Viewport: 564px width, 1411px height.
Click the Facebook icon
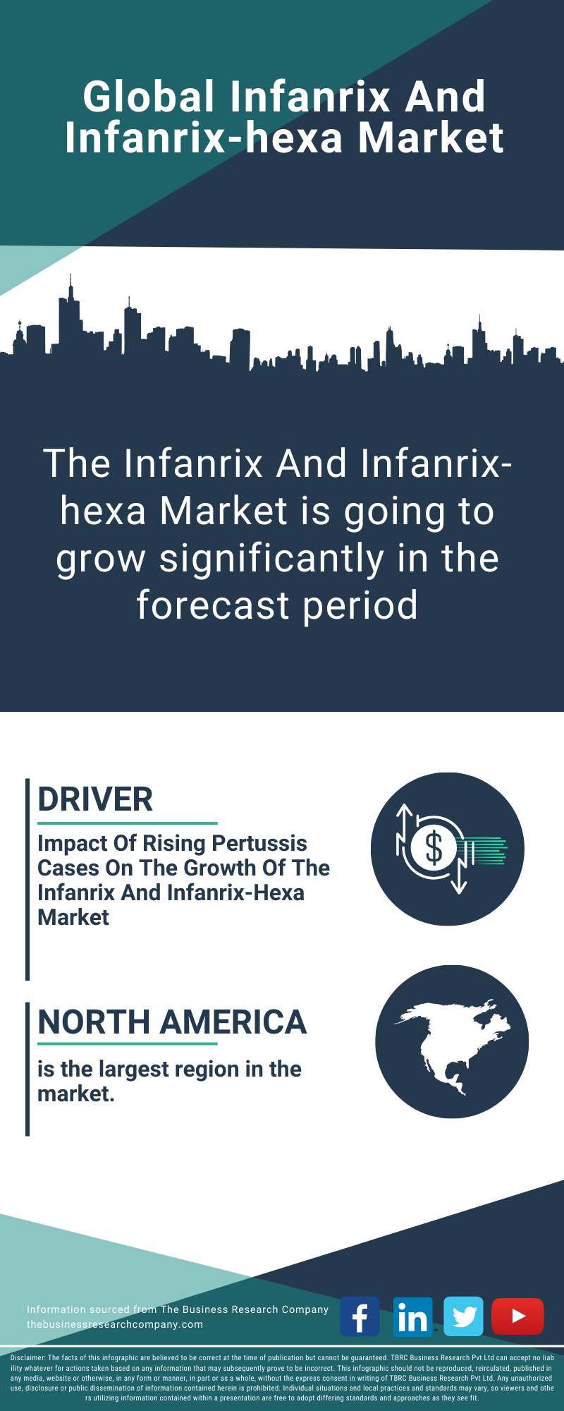(360, 1316)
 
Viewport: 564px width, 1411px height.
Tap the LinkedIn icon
(412, 1316)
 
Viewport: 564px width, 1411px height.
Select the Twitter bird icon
(463, 1316)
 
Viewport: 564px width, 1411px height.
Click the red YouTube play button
(517, 1316)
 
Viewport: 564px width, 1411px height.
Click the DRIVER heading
(95, 799)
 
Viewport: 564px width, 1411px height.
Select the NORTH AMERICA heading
(172, 1022)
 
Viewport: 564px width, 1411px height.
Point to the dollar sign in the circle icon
(434, 848)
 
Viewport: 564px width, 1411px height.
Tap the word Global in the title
(149, 97)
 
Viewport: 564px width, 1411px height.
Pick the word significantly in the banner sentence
(273, 559)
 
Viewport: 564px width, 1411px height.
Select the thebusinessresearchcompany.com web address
(115, 1324)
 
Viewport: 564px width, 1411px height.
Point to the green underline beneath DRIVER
(128, 823)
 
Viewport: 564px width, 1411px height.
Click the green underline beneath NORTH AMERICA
(128, 1043)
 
